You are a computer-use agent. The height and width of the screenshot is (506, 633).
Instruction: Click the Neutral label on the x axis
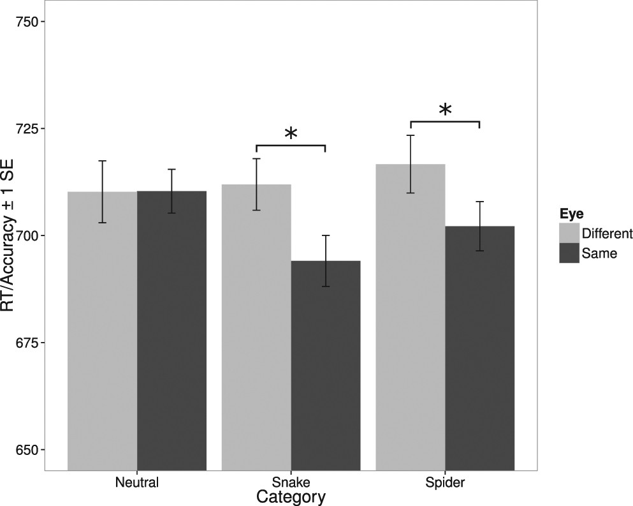click(136, 482)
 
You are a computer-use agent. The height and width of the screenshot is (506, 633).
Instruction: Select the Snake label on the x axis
click(291, 482)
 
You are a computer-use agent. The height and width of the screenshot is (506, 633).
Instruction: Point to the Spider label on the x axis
click(445, 482)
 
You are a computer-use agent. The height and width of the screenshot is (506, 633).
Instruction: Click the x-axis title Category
click(291, 496)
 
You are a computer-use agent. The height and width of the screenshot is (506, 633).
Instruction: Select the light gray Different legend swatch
click(569, 233)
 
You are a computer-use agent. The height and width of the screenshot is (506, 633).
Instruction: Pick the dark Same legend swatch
click(569, 253)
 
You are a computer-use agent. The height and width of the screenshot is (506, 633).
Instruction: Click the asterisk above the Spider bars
click(445, 110)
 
